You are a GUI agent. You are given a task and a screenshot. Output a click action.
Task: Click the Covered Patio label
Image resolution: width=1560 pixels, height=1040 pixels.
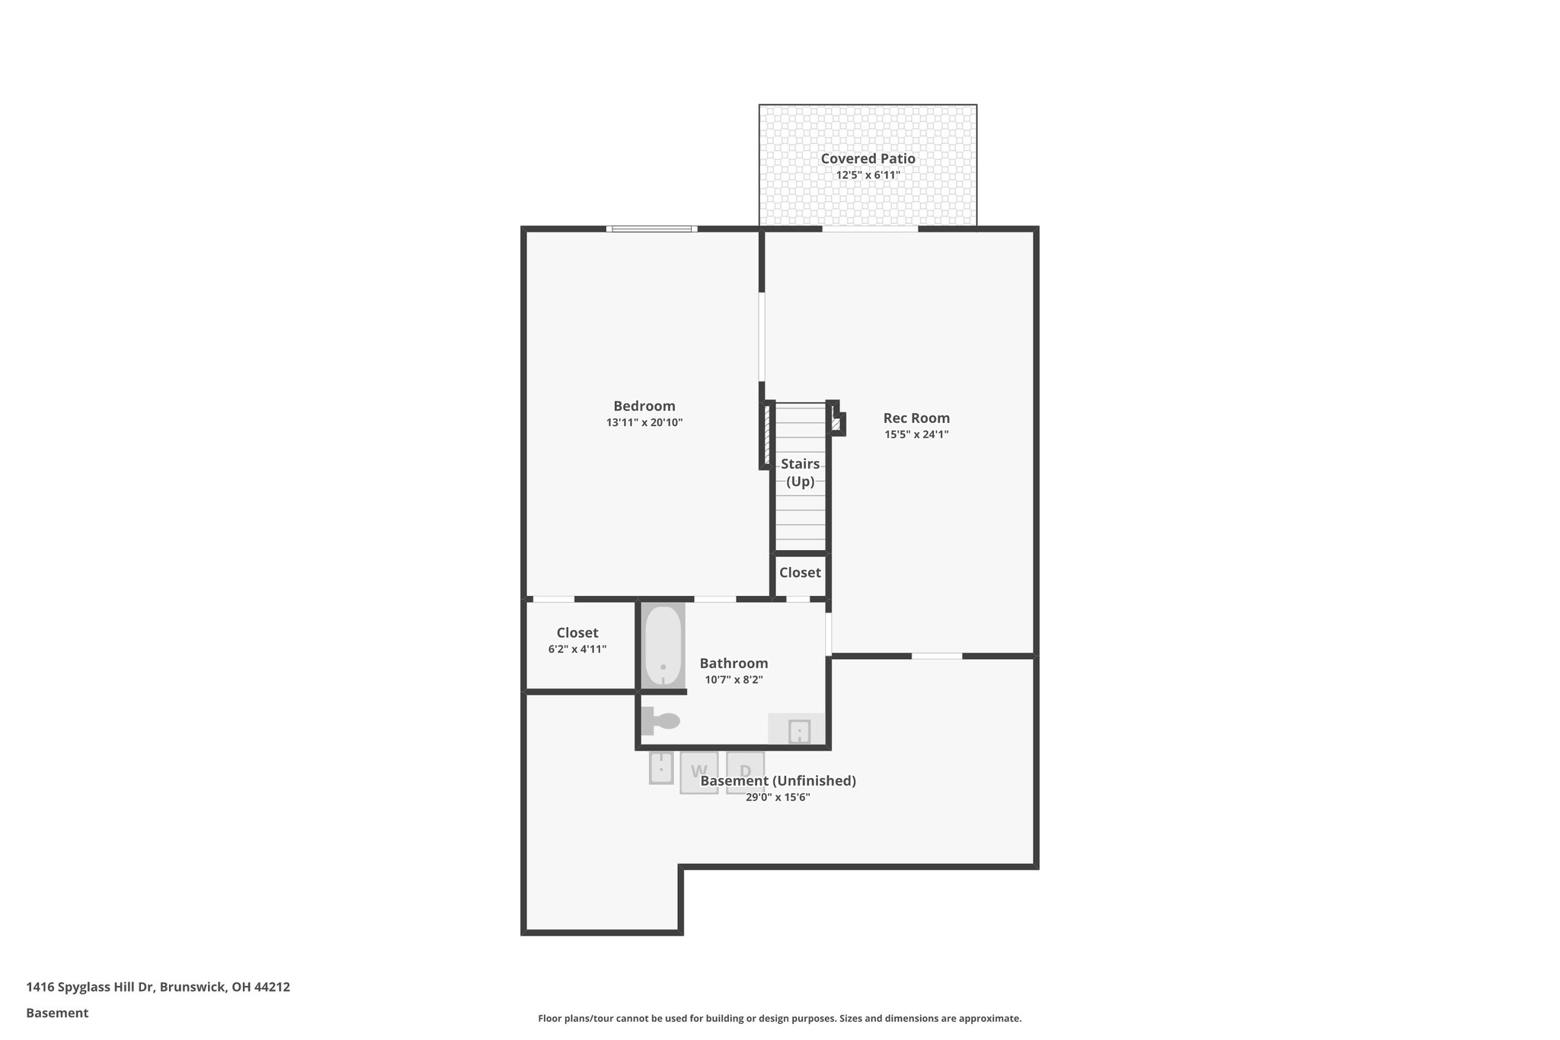[x=868, y=158]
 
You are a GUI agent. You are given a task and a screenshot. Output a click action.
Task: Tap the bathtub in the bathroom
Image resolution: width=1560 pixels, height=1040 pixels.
[x=663, y=645]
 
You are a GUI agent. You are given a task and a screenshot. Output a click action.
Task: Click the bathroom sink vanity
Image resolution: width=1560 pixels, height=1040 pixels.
[x=797, y=730]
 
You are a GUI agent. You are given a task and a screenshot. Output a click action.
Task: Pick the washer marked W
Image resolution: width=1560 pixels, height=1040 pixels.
[x=698, y=772]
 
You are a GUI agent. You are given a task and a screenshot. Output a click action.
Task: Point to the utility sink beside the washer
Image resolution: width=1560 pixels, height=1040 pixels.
[x=660, y=767]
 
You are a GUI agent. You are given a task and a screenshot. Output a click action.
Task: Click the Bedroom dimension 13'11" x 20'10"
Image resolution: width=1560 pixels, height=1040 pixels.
[x=644, y=422]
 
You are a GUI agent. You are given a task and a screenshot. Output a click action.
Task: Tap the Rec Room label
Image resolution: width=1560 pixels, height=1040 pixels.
[x=916, y=418]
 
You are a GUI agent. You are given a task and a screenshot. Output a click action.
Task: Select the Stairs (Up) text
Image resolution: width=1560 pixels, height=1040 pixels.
[x=800, y=472]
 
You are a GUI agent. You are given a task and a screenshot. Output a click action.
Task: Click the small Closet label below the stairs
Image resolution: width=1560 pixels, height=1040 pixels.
[x=800, y=572]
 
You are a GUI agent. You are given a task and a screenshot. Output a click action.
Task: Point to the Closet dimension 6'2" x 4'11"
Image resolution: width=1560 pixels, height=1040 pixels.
[x=577, y=649]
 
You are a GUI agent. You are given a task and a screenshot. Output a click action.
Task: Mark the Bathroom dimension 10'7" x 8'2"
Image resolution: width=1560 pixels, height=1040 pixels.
[x=734, y=680]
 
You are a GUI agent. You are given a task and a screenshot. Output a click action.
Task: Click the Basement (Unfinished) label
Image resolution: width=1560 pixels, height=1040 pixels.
[x=778, y=781]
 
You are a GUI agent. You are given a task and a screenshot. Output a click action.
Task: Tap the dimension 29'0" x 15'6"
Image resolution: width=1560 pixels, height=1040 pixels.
[x=778, y=798]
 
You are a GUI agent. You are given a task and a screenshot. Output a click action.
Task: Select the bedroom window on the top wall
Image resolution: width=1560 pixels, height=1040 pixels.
[x=651, y=229]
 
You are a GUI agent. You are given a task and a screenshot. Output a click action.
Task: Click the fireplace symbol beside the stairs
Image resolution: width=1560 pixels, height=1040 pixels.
[x=837, y=423]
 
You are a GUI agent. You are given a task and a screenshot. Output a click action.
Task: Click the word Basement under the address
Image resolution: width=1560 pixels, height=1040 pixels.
[x=57, y=1013]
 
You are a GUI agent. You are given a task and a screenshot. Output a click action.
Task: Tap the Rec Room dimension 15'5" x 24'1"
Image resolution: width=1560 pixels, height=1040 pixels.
[x=916, y=435]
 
